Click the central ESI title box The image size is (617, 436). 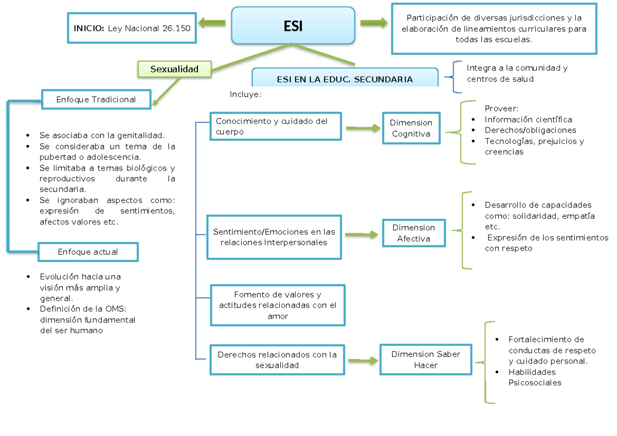click(x=293, y=25)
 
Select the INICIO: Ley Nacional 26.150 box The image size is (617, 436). click(x=132, y=28)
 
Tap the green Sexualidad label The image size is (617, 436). click(x=175, y=69)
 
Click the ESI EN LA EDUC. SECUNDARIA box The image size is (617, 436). click(x=344, y=79)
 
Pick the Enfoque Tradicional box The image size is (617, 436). click(x=96, y=100)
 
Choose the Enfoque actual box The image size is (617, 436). click(x=88, y=252)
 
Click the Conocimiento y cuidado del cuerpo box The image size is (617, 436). click(x=276, y=126)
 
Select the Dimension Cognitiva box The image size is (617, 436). click(x=411, y=128)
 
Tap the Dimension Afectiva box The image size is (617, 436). click(x=413, y=233)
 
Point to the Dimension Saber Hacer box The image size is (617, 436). click(x=426, y=359)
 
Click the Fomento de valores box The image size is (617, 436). click(x=278, y=305)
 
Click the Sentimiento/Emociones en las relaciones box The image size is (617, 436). click(x=274, y=237)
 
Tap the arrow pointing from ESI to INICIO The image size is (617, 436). click(x=212, y=23)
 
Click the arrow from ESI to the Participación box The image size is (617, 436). click(x=374, y=23)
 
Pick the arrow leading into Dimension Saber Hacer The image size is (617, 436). click(x=362, y=361)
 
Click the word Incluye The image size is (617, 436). click(x=245, y=94)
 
